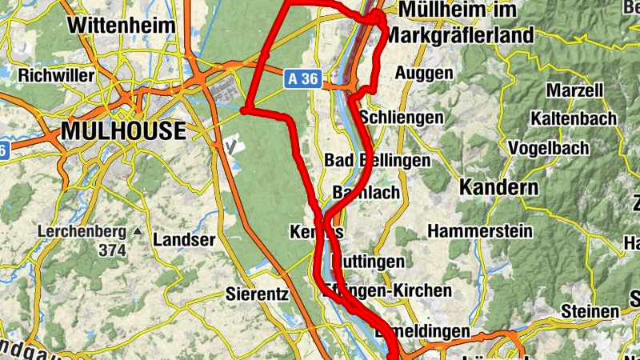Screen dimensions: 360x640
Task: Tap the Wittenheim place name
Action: pos(122,25)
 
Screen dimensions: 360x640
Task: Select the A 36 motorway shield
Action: pos(302,78)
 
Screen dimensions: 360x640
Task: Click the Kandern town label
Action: pos(498,189)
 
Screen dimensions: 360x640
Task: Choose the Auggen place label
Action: pos(424,73)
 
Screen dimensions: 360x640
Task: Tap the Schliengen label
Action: pos(402,117)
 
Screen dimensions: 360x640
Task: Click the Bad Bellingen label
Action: pos(377,160)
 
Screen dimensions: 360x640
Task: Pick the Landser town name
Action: pos(184,239)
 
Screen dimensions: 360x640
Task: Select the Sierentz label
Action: pos(257,293)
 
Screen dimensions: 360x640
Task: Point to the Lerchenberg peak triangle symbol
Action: pos(138,232)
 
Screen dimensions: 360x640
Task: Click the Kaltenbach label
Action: pos(574,118)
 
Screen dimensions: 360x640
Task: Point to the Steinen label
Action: pos(590,310)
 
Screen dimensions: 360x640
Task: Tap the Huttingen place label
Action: pos(368,262)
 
